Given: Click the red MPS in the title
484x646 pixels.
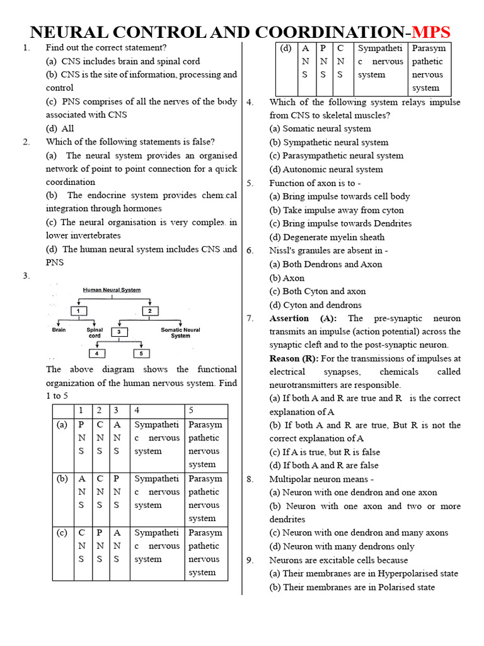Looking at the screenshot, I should [x=431, y=32].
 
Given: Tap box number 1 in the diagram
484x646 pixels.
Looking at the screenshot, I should [x=78, y=311].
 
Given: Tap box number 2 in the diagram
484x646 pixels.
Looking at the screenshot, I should [x=150, y=311].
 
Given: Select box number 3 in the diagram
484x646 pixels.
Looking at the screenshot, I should [x=119, y=332].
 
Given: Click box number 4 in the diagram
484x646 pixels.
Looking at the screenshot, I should [x=97, y=353].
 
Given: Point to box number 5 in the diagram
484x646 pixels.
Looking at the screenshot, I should [x=141, y=353].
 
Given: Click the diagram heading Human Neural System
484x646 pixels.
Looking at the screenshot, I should [x=112, y=290].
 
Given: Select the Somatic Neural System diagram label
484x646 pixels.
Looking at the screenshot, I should [x=180, y=332].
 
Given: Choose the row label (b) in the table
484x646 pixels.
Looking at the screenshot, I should [x=62, y=479].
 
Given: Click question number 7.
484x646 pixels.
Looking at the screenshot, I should [x=250, y=318].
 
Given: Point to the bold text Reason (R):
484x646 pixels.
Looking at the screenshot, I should [x=294, y=358].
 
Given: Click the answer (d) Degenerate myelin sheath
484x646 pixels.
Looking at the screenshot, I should [x=326, y=237].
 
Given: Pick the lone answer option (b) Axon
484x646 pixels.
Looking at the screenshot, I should [x=287, y=278].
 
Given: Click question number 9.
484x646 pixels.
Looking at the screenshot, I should [x=250, y=560].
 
